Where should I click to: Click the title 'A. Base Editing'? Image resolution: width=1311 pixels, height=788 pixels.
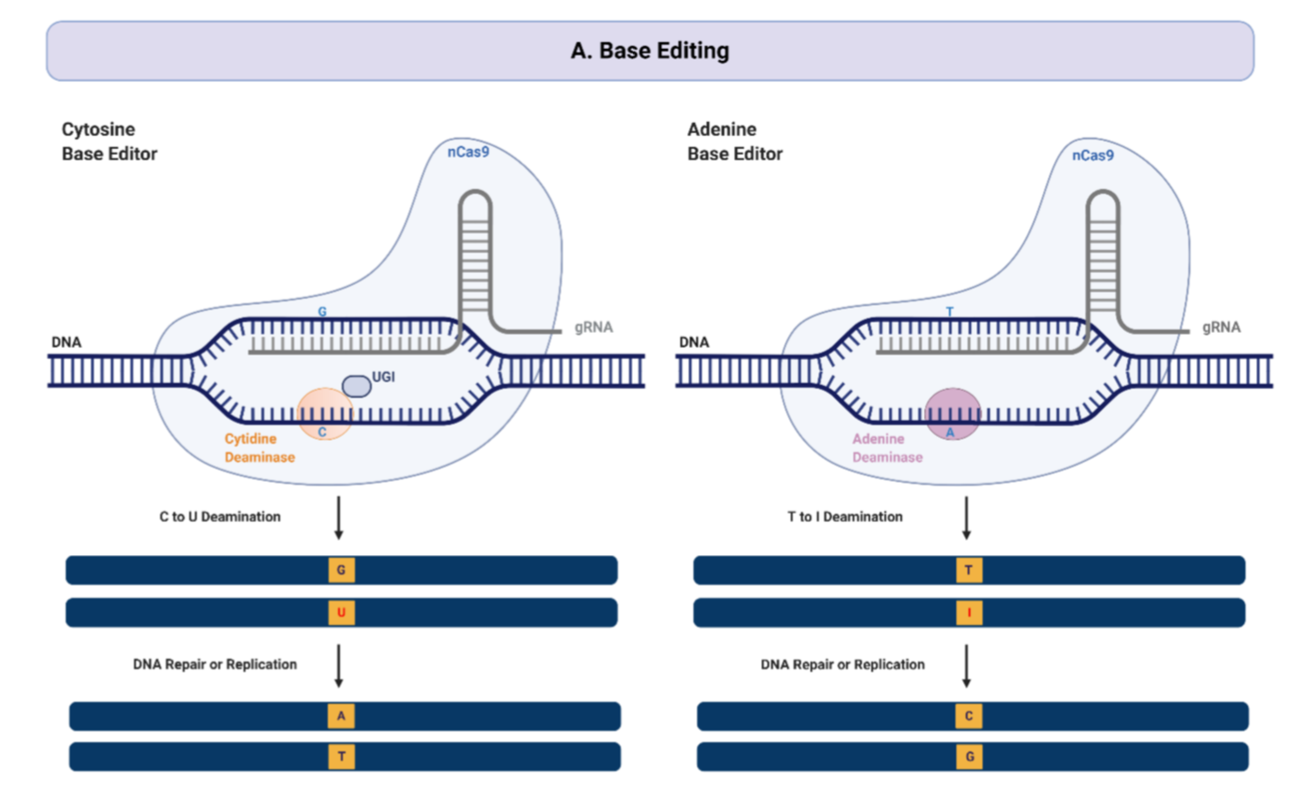(649, 51)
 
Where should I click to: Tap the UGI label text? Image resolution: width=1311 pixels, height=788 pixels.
(384, 377)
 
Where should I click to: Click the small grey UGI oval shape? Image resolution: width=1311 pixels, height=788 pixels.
(356, 385)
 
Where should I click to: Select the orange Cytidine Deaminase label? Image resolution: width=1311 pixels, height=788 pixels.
(259, 448)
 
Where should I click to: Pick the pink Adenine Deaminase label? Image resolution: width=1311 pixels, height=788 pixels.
(886, 448)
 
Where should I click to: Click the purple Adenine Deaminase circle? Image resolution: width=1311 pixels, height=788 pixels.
(952, 413)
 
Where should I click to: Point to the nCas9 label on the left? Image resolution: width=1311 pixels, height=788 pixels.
(468, 152)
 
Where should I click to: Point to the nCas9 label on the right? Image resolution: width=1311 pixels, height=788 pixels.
(1092, 155)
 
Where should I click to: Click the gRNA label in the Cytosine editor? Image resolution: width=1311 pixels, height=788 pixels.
(593, 327)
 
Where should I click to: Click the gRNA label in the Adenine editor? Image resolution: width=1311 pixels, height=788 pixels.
(1220, 327)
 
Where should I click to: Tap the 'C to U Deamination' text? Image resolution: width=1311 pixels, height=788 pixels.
(220, 517)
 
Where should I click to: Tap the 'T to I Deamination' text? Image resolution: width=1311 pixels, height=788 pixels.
(845, 517)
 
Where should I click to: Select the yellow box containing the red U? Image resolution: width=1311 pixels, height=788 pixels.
(341, 613)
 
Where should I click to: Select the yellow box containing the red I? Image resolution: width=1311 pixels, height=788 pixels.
(968, 613)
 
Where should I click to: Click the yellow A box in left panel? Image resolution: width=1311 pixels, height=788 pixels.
(341, 716)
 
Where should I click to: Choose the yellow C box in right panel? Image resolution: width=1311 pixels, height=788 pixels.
(968, 716)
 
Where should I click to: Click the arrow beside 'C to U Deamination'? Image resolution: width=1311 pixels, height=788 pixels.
(339, 518)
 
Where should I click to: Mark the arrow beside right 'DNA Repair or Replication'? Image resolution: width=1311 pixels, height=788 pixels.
(967, 665)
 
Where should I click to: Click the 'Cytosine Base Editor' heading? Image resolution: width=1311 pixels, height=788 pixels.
(109, 141)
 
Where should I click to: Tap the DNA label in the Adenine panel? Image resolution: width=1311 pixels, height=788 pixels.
(694, 342)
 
